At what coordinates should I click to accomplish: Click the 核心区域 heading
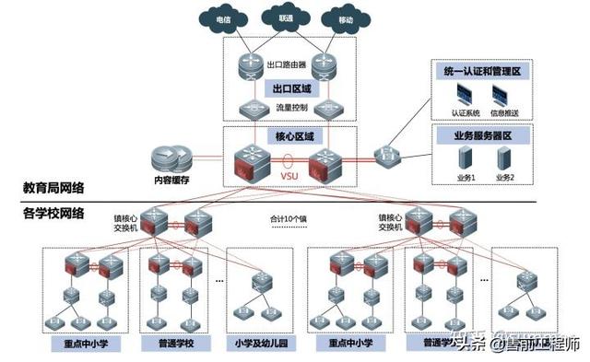click(x=294, y=135)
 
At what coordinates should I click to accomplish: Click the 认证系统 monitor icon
click(x=464, y=94)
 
